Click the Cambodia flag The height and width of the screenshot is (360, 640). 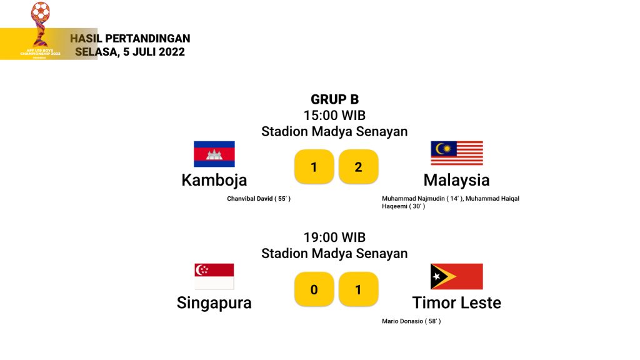[x=214, y=154]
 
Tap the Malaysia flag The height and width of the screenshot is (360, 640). [x=457, y=153]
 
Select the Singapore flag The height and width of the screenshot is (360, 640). [x=214, y=276]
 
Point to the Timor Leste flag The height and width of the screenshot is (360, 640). [x=457, y=276]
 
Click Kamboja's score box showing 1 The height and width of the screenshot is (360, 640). [x=314, y=166]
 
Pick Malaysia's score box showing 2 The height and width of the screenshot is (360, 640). [x=358, y=166]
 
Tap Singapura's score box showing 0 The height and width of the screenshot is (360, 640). [x=314, y=289]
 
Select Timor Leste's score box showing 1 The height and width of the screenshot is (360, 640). [x=358, y=289]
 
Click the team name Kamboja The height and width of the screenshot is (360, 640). [x=214, y=181]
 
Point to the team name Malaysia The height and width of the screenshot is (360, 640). [x=457, y=180]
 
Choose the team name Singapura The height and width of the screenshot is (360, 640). [x=214, y=303]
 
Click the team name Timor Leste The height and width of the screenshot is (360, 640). [x=457, y=303]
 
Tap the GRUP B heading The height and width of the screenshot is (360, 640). [x=335, y=99]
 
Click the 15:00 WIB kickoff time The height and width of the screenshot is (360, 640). [x=335, y=116]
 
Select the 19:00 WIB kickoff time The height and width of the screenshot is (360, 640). [x=335, y=237]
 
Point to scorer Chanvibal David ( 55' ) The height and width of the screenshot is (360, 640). [x=259, y=199]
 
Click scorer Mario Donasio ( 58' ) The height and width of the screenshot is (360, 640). [x=411, y=321]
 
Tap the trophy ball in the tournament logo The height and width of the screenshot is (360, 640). [x=41, y=11]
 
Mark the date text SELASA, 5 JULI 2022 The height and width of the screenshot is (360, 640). [x=130, y=52]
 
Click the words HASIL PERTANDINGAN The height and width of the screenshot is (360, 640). [x=130, y=38]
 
